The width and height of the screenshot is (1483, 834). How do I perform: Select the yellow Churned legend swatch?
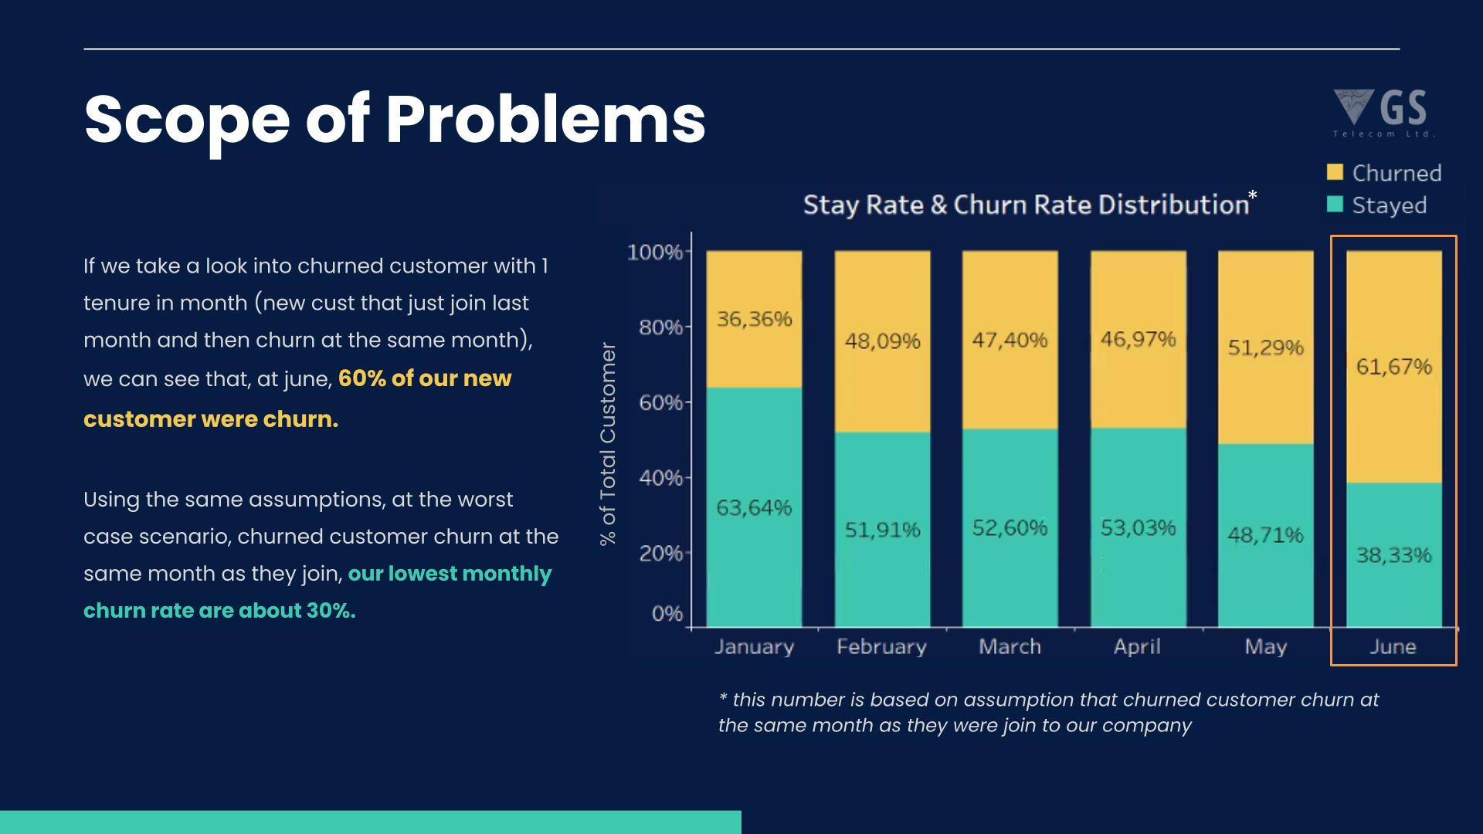click(x=1335, y=172)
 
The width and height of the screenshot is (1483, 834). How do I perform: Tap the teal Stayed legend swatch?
click(x=1335, y=205)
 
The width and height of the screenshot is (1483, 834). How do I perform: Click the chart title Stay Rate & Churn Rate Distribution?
click(x=1026, y=205)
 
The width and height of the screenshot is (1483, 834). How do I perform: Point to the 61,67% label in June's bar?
click(x=1393, y=367)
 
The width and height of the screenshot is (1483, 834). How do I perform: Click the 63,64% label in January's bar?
click(x=754, y=508)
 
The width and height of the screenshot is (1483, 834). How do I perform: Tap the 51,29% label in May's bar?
click(x=1265, y=347)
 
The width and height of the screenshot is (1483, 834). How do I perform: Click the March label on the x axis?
click(x=1010, y=646)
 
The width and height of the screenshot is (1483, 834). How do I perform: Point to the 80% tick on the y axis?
click(x=660, y=327)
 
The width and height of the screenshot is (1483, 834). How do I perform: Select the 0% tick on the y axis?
click(x=667, y=614)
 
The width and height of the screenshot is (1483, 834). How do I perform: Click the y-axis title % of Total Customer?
click(x=608, y=444)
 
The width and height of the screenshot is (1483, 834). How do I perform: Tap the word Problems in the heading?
click(x=545, y=120)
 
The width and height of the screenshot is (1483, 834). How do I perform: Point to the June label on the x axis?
click(x=1393, y=646)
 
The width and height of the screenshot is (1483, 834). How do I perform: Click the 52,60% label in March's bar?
click(x=1010, y=528)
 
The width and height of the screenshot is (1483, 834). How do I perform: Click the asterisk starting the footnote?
click(x=723, y=698)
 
